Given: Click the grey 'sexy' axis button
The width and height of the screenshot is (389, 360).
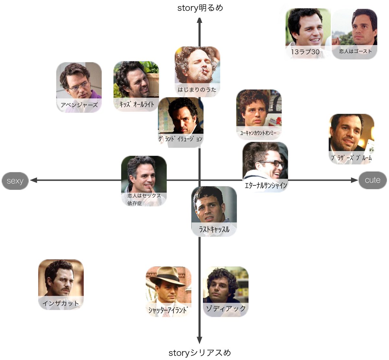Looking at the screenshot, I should [x=15, y=181].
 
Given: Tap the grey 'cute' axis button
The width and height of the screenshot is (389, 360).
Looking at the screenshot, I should [x=372, y=180].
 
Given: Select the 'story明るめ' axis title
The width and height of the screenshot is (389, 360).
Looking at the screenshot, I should [x=200, y=8].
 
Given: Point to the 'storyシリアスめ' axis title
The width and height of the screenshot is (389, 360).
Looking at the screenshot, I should [x=200, y=353].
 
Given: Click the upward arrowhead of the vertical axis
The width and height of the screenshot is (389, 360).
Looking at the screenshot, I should [x=200, y=21].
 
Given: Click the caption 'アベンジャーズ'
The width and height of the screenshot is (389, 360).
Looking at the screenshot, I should [x=79, y=105].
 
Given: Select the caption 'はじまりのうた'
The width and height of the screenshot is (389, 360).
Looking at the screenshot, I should [x=197, y=89].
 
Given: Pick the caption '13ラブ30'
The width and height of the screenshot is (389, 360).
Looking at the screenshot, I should [x=305, y=52].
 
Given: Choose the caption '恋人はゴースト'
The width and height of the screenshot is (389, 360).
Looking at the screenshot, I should [x=356, y=51].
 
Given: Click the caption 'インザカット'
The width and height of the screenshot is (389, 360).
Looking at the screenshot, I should [x=61, y=303].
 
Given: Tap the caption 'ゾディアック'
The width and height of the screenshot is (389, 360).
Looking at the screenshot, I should [x=226, y=308].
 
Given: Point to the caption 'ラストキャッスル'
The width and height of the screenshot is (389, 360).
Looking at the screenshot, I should [x=214, y=229].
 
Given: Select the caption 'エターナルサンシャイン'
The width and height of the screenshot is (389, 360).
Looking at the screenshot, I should [x=266, y=185].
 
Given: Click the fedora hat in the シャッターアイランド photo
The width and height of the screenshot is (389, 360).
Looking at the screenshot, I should [x=168, y=275].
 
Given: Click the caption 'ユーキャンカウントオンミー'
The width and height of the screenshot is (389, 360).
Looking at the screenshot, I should [x=258, y=133].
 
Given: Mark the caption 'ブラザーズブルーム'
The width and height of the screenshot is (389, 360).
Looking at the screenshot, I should [x=351, y=158].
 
